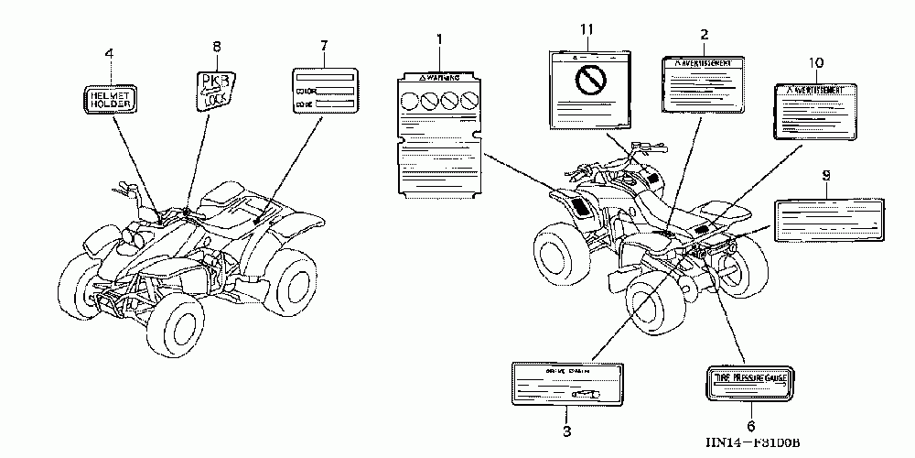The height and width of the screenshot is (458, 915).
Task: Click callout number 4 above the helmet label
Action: tap(109, 54)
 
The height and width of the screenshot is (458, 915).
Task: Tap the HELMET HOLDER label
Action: tap(109, 98)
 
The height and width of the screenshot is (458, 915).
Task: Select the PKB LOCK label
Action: tap(217, 90)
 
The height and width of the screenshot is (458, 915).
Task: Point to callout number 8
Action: tap(217, 46)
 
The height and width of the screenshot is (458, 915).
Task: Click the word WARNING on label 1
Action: tap(444, 80)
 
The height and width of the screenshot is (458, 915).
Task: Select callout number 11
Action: tap(587, 30)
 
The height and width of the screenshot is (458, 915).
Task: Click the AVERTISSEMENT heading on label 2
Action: tap(700, 63)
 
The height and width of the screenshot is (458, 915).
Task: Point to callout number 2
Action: tap(704, 34)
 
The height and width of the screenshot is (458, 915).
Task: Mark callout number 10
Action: tap(816, 61)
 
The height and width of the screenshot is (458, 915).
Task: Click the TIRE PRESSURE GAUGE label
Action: tap(750, 375)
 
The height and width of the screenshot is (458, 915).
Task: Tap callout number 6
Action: tap(750, 426)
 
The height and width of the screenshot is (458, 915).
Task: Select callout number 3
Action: tap(566, 431)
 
